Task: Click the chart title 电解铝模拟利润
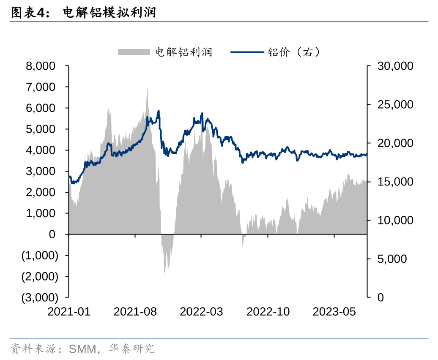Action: (109, 13)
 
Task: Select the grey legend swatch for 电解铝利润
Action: (134, 52)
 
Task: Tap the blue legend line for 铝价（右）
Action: (247, 52)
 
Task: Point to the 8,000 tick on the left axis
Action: (41, 66)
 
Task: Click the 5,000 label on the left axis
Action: (41, 129)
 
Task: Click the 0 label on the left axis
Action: (52, 235)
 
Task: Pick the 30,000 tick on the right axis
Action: (395, 66)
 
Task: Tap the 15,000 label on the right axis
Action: (395, 182)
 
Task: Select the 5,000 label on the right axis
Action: (392, 259)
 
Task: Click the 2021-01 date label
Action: (69, 312)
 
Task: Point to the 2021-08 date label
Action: (135, 312)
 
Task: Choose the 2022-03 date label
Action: (201, 312)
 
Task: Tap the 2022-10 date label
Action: (268, 312)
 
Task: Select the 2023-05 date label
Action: (334, 312)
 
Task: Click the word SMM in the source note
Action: (82, 349)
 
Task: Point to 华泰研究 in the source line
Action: (132, 349)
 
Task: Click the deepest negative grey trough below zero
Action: (164, 275)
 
